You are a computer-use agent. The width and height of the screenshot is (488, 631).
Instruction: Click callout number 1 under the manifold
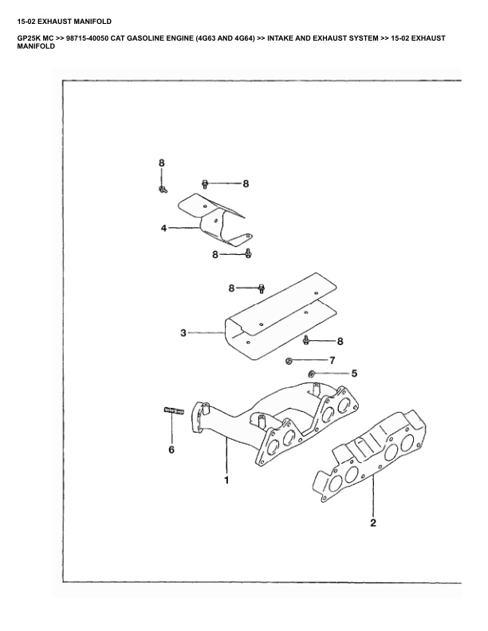click(226, 480)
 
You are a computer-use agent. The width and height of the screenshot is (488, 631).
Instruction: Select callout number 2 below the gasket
click(372, 523)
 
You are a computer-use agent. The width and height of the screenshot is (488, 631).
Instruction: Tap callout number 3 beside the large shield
click(183, 333)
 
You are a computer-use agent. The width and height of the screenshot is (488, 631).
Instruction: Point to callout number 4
click(163, 228)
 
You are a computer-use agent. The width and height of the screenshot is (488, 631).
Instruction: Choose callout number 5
click(354, 372)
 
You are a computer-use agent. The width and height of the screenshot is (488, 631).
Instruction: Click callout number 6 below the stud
click(171, 450)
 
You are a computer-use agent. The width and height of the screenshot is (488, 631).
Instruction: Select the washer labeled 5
click(312, 373)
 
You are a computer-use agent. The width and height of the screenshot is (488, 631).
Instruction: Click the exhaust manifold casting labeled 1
click(271, 422)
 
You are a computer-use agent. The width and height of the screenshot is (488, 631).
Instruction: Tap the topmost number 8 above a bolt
click(161, 163)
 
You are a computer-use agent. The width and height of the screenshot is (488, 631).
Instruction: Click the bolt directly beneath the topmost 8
click(162, 189)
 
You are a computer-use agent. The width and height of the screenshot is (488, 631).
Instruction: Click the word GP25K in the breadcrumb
click(29, 38)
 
